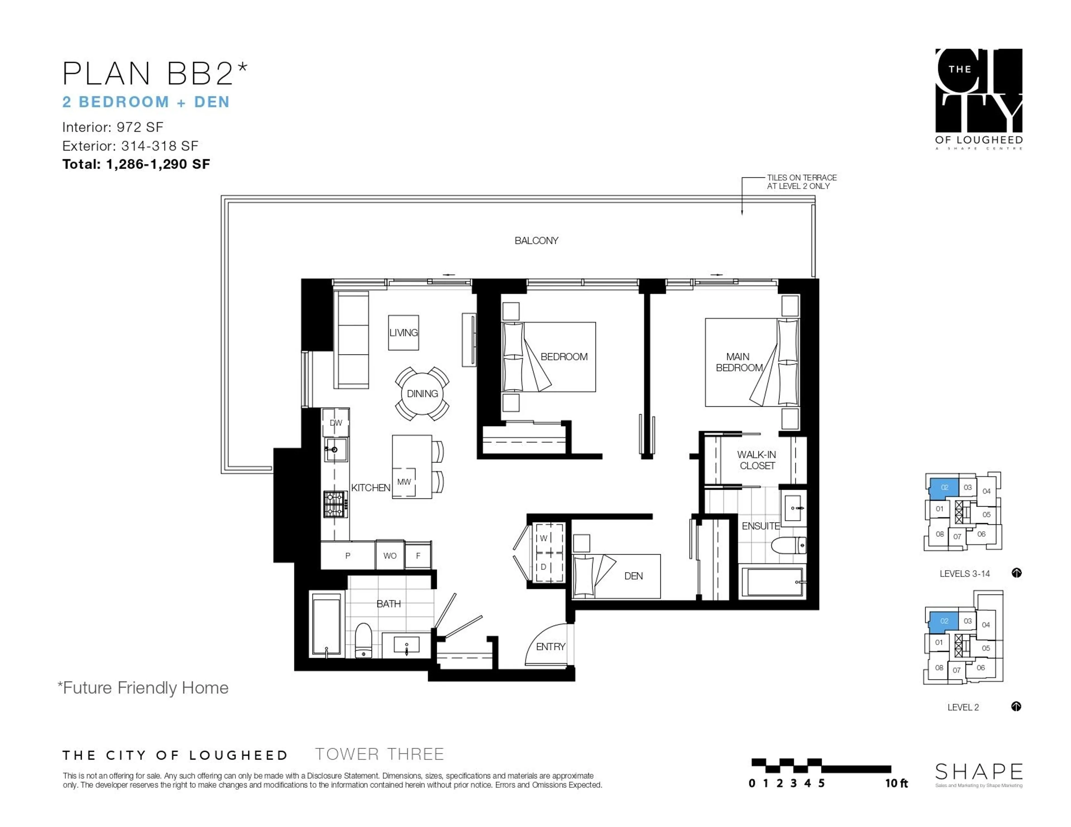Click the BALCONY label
[536, 241]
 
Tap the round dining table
[422, 394]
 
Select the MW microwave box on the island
[404, 482]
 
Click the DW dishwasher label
[336, 423]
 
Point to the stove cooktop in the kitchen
[336, 504]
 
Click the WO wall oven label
[390, 556]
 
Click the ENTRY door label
[550, 647]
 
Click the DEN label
[633, 576]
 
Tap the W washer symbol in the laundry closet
[543, 538]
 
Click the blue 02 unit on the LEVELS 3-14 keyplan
[944, 487]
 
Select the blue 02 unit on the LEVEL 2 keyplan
[944, 621]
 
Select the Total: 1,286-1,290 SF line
[136, 164]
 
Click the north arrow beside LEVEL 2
[1016, 706]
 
